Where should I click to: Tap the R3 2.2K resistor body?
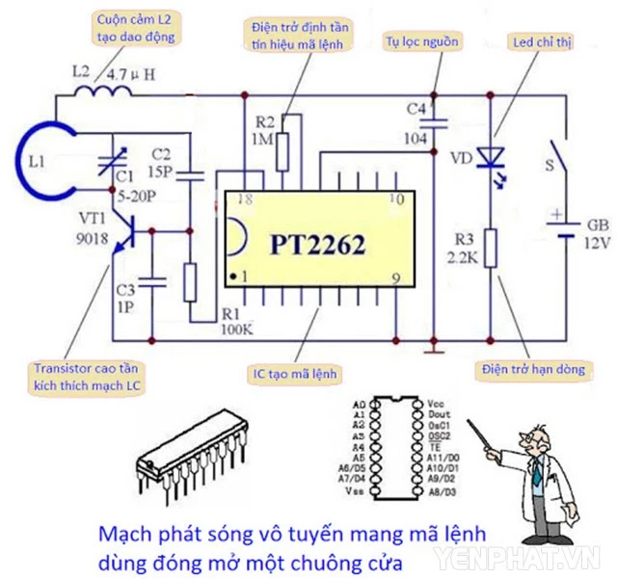pyautogui.click(x=492, y=248)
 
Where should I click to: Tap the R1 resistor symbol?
pyautogui.click(x=191, y=280)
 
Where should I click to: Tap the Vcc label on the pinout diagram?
pyautogui.click(x=435, y=404)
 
